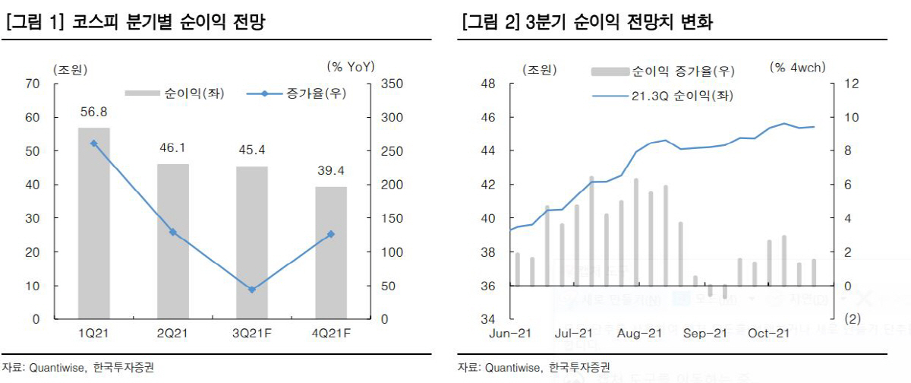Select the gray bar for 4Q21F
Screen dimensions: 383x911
point(331,252)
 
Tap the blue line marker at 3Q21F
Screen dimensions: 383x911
point(252,290)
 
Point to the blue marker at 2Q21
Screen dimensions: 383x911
point(173,232)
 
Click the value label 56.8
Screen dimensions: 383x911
point(94,113)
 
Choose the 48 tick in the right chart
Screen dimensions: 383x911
point(488,84)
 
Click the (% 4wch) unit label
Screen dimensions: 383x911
point(797,68)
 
